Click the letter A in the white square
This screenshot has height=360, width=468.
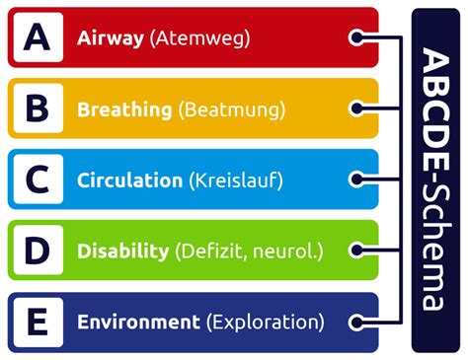point(37,37)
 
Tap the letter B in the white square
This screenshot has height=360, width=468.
point(37,108)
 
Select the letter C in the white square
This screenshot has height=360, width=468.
point(37,180)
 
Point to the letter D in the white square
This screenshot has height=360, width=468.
point(37,251)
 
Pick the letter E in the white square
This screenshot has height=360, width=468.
point(37,322)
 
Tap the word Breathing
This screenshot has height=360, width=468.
point(125,109)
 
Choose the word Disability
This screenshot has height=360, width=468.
point(122,252)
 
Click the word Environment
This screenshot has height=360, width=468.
point(138,323)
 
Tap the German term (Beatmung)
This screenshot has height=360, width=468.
point(233,109)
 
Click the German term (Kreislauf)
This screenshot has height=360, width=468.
point(236,180)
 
